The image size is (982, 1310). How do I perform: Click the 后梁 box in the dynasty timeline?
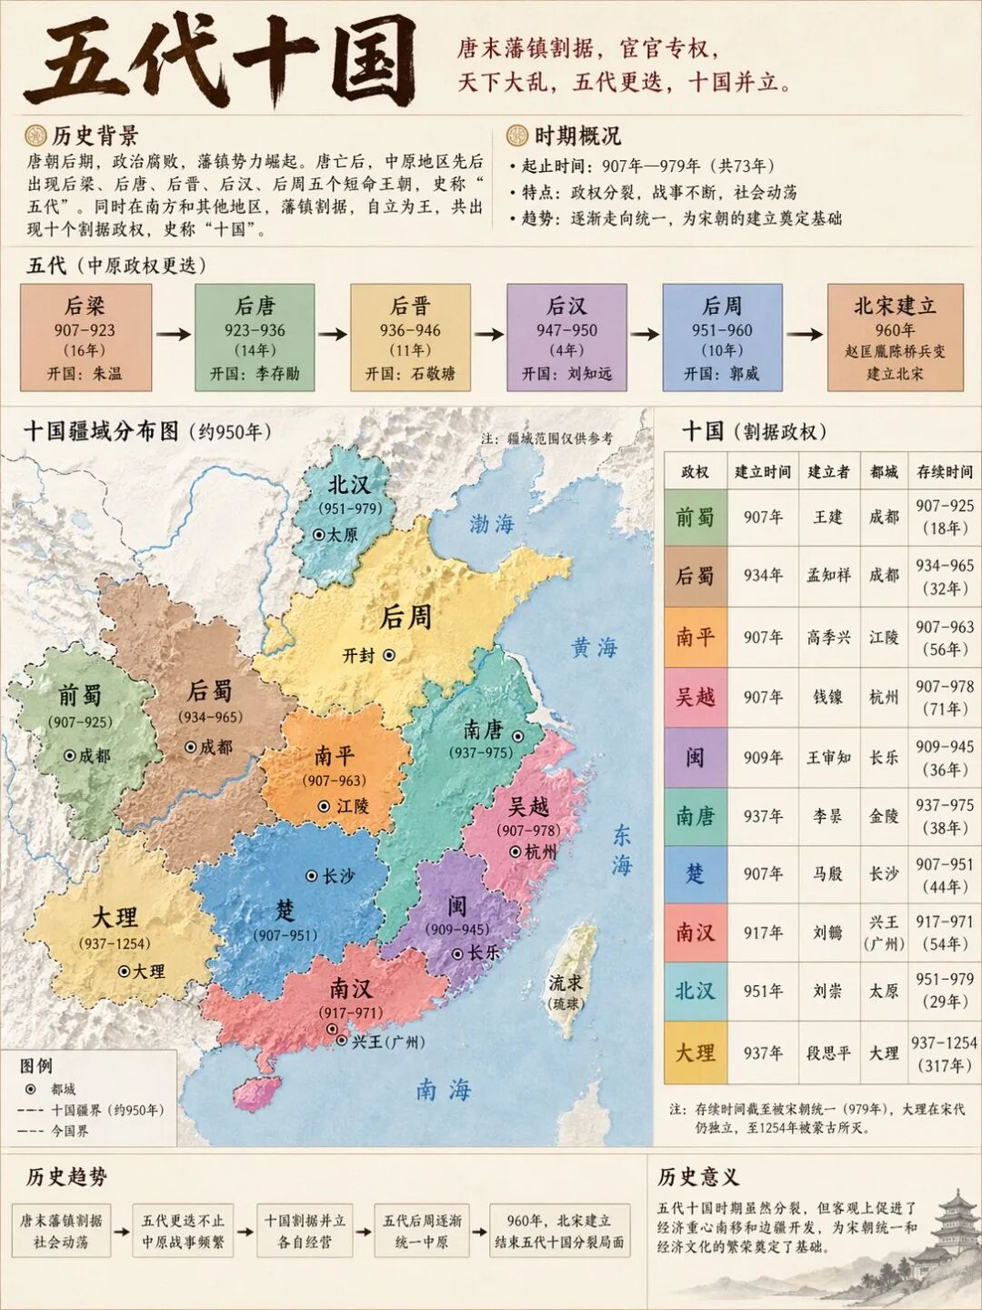coord(85,338)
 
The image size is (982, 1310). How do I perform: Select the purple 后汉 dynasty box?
coord(566,338)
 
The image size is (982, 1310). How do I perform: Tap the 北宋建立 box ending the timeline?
coord(895,338)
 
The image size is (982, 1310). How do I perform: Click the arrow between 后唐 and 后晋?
coord(333,334)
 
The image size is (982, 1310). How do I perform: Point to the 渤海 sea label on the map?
coord(492,523)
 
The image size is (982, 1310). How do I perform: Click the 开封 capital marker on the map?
coord(388,654)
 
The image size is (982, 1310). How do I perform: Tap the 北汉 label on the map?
coord(349,484)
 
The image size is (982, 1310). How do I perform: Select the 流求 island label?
coord(565,983)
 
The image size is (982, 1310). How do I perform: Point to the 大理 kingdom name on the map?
coord(115,916)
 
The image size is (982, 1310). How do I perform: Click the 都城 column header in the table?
coord(883,471)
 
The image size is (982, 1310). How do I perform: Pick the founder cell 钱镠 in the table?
coord(827,697)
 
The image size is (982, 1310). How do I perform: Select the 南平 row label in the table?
coord(695,637)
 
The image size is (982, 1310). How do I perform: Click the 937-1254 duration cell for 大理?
coord(944,1053)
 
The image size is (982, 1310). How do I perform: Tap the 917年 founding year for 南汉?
coord(763,932)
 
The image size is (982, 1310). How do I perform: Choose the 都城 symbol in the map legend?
coord(30,1089)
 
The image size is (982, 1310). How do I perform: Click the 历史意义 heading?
coord(698,1177)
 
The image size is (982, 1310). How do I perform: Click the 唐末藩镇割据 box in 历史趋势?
coord(62,1231)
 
